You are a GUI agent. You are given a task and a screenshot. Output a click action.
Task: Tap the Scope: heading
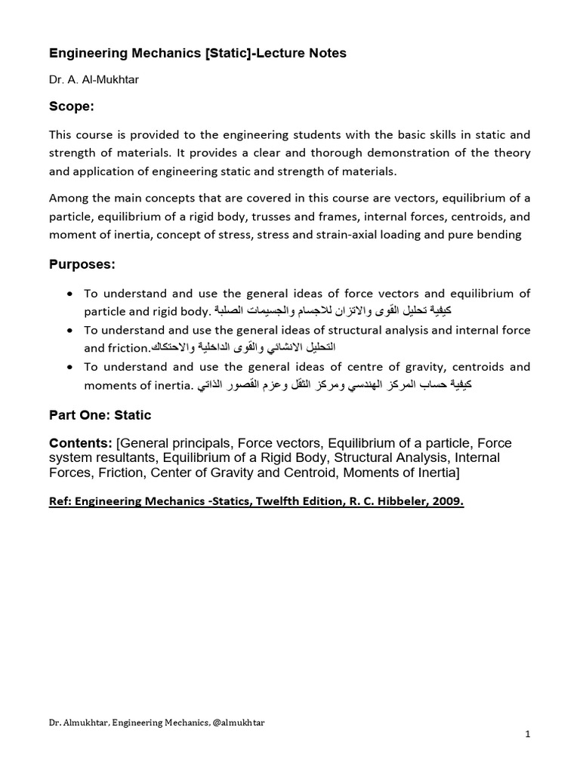click(x=72, y=106)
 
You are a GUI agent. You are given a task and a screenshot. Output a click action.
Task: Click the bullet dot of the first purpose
click(x=70, y=293)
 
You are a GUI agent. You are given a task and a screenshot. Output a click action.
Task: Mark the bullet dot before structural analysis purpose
click(x=70, y=330)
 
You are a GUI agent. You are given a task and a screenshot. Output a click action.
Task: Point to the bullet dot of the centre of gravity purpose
click(x=70, y=367)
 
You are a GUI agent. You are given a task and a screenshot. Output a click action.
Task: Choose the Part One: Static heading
click(x=100, y=414)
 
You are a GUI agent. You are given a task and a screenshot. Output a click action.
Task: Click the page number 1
click(x=528, y=734)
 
